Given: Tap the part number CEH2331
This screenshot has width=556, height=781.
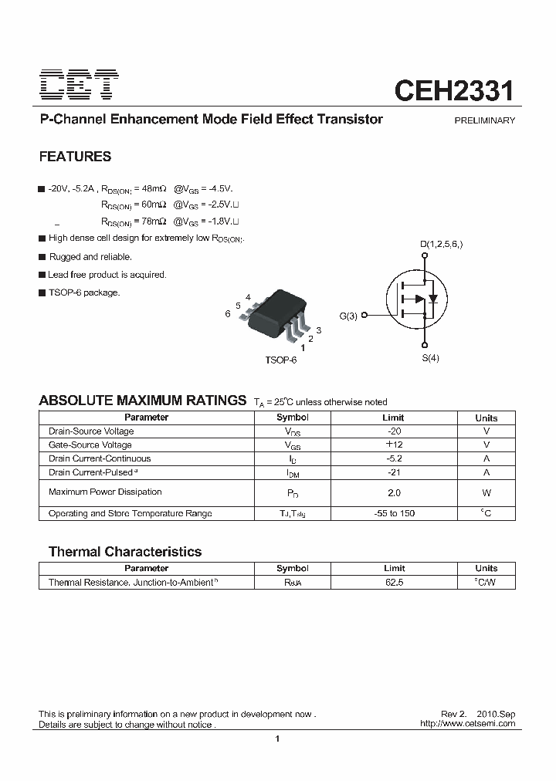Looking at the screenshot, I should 453,90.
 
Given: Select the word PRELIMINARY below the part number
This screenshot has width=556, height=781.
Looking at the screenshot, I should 484,120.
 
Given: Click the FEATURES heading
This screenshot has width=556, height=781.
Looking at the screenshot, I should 75,157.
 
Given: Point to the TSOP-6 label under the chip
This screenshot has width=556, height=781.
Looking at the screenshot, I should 280,360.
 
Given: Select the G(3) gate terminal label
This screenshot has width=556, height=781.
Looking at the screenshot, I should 348,315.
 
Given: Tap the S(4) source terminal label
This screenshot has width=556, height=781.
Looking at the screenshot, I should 430,359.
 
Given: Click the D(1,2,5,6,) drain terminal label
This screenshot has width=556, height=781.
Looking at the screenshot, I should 441,245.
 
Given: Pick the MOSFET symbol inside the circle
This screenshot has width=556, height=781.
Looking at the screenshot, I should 417,299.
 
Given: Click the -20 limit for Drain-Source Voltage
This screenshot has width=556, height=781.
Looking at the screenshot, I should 394,431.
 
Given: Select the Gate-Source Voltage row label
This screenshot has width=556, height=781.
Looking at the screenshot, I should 90,445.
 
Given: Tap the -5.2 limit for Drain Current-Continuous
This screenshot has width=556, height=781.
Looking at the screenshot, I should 394,458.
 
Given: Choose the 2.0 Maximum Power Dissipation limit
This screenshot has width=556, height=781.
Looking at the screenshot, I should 394,492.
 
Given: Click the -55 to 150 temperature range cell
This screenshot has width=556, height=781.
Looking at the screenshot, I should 394,514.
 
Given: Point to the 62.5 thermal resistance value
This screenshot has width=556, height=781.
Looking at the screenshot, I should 394,583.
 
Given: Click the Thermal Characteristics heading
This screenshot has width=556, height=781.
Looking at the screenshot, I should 124,552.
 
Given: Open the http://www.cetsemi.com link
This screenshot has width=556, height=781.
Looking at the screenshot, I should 466,724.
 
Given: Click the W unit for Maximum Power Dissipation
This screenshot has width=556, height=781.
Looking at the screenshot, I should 486,492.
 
